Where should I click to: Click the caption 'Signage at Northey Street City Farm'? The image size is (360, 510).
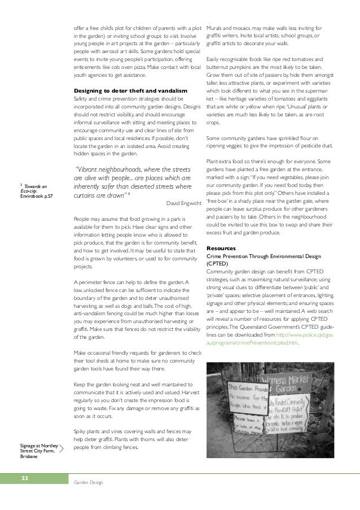point(37,451)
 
